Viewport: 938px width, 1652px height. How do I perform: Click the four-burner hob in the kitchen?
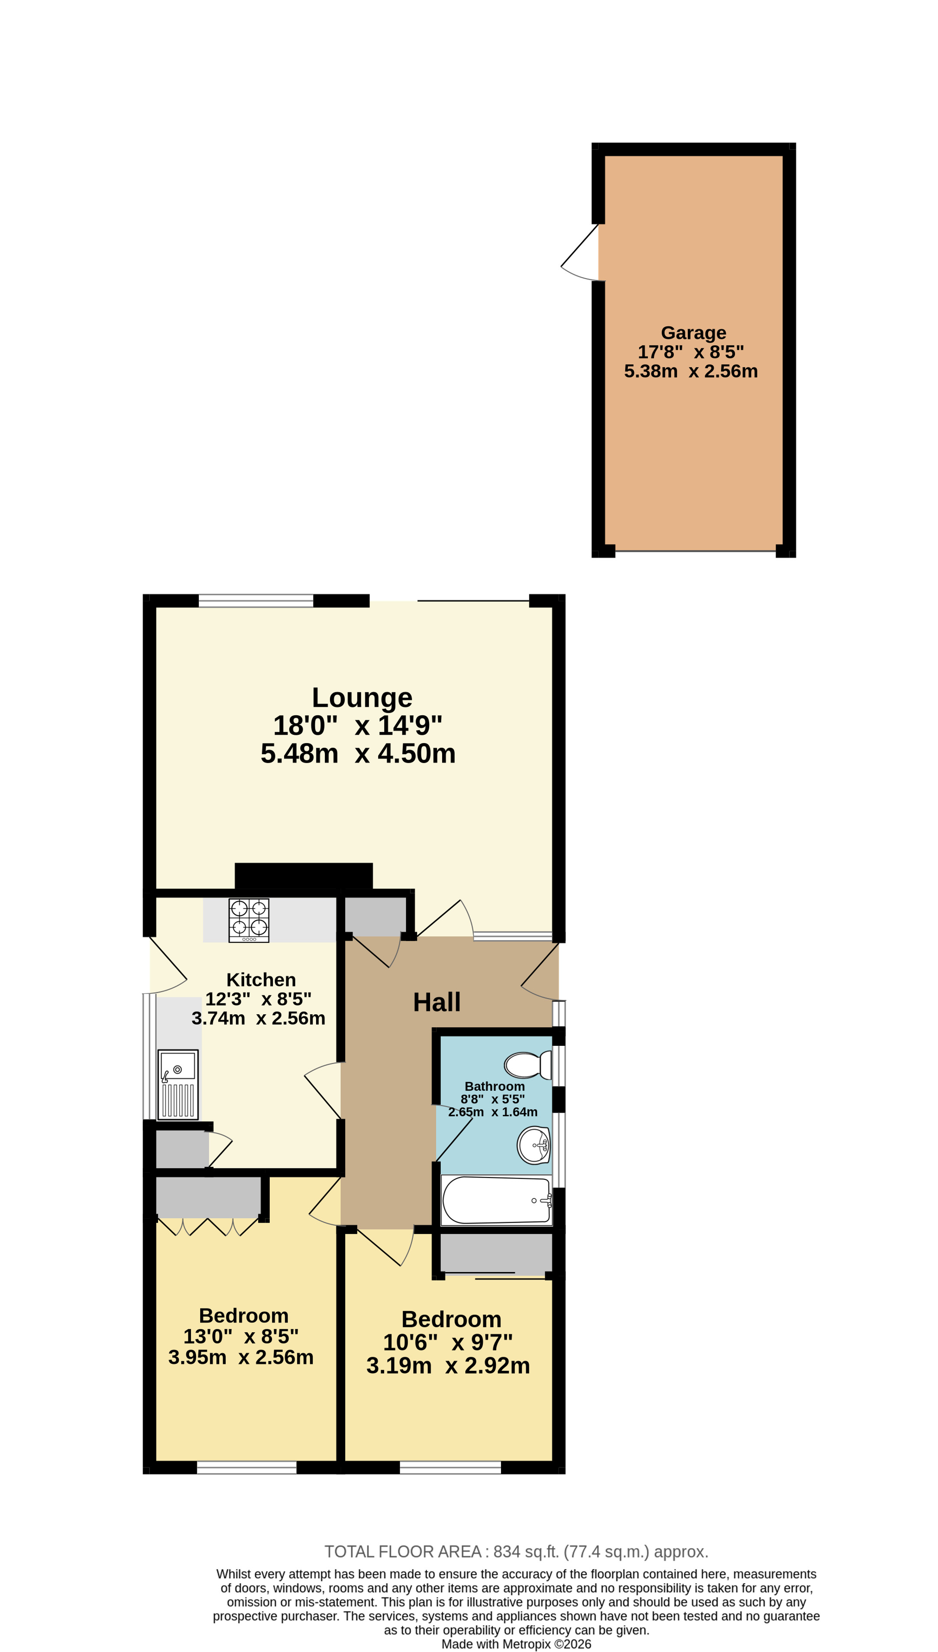point(249,921)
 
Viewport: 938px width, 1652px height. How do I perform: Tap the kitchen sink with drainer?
point(178,1084)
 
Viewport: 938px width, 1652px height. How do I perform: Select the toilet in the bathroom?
point(527,1065)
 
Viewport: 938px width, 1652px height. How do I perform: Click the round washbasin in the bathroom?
point(534,1145)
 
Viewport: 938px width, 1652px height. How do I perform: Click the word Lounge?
point(362,698)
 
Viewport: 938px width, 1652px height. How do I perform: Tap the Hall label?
point(437,1002)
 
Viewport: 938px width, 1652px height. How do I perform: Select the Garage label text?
point(693,333)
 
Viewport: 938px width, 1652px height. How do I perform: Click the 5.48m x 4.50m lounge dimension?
point(358,753)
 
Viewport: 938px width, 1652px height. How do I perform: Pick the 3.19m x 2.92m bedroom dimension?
point(448,1365)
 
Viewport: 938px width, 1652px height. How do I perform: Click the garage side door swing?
point(580,253)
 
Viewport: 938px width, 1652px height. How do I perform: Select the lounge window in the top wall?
point(256,601)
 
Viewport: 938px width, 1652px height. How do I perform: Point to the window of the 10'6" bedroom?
point(450,1468)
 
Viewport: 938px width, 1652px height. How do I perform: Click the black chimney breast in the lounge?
point(304,876)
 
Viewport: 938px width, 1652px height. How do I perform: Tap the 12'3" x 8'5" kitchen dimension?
point(259,999)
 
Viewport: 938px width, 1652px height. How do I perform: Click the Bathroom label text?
point(495,1086)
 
